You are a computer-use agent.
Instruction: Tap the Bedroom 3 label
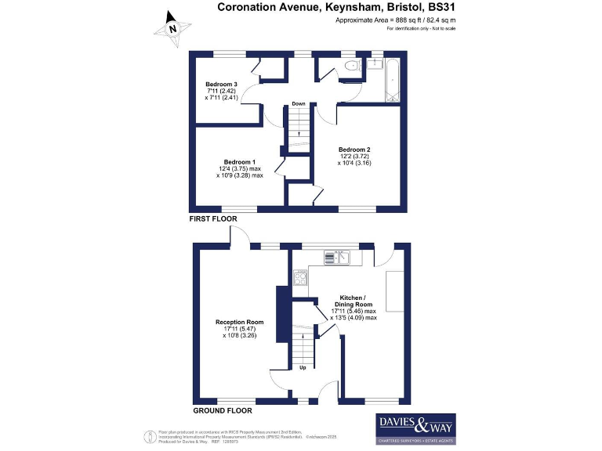[222, 84]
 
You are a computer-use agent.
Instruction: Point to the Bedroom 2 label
[354, 150]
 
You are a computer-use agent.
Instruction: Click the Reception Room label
[240, 322]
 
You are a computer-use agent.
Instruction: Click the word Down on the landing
[299, 103]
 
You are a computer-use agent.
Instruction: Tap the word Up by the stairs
[303, 366]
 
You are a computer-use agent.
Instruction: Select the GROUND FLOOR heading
[222, 410]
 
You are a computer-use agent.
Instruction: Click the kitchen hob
[300, 276]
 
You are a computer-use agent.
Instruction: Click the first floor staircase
[298, 130]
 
